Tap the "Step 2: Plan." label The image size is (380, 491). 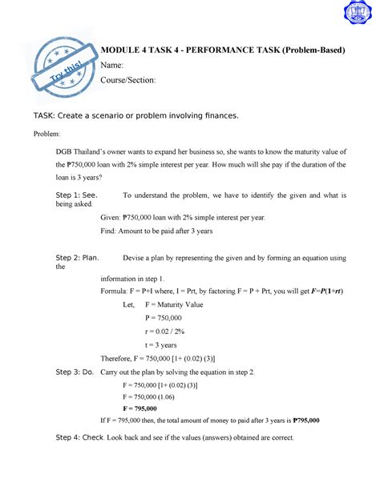coord(77,258)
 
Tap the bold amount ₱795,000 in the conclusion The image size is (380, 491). coord(306,419)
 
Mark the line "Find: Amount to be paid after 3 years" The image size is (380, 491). coord(156,231)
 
